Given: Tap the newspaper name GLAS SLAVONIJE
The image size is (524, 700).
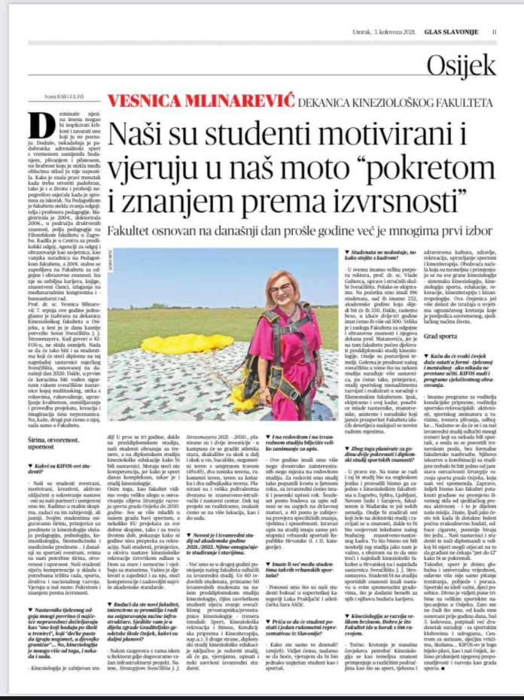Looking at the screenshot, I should [x=458, y=32].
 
